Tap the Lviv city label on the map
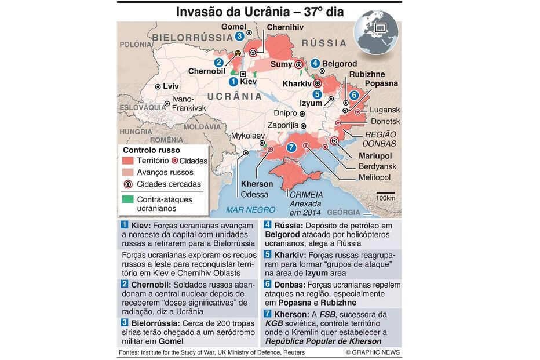coord(171,86)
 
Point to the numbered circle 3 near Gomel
coord(239,37)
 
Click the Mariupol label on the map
coord(375,156)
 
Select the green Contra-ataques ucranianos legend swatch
coord(127,198)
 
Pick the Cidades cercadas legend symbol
coord(127,184)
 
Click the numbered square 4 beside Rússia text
coord(268,224)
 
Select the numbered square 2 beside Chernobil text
coord(124,284)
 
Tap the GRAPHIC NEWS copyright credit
coord(373,352)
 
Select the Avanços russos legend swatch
coord(127,172)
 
